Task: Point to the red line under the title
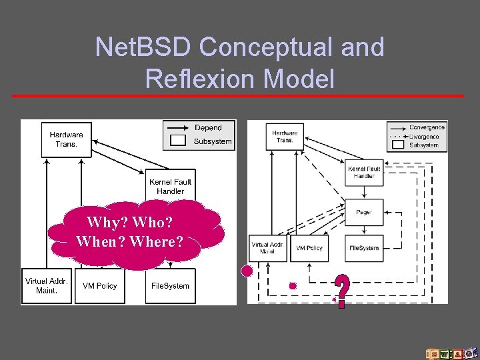(238, 96)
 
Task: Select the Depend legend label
(208, 127)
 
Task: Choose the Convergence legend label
(427, 127)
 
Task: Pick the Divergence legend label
(425, 136)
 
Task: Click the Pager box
(364, 212)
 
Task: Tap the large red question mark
(341, 291)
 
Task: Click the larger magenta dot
(247, 271)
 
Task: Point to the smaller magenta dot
(292, 285)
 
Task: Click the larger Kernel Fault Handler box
(171, 186)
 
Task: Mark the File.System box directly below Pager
(364, 247)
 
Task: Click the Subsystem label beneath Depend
(213, 141)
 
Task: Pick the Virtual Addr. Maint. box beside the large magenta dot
(268, 247)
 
